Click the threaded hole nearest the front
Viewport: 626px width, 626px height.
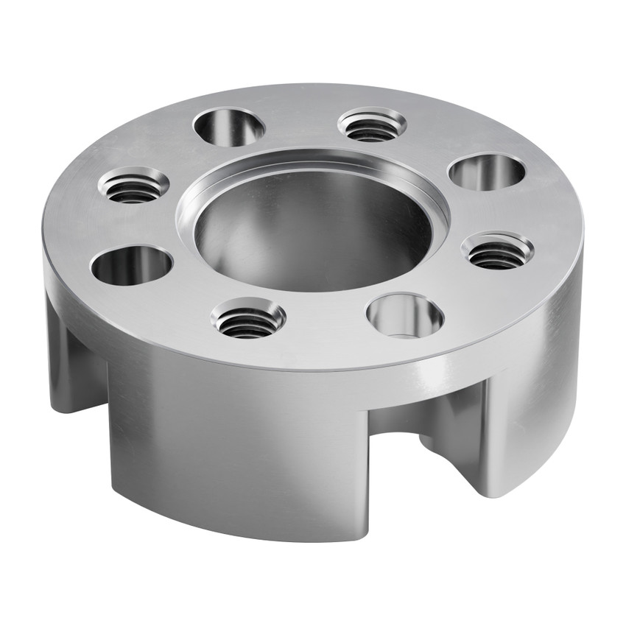click(x=248, y=321)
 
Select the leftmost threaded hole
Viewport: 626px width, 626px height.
click(x=133, y=187)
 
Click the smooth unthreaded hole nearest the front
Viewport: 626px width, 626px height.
click(x=405, y=317)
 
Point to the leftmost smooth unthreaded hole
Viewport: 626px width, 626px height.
click(x=132, y=265)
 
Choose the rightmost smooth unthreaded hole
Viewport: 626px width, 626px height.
click(x=487, y=172)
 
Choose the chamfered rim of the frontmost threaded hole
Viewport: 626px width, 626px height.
click(x=248, y=308)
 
